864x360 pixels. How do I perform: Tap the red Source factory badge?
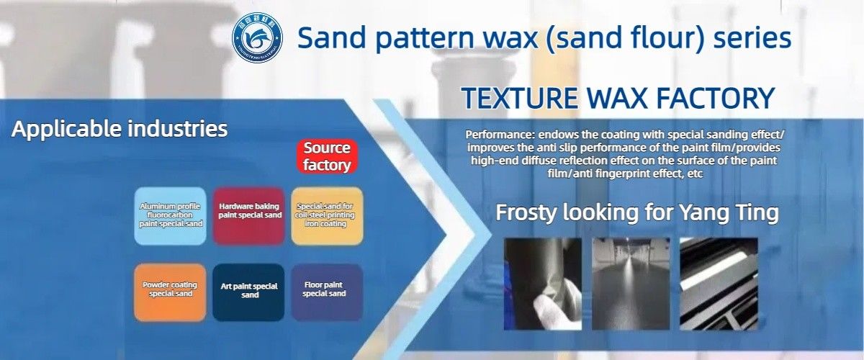click(326, 156)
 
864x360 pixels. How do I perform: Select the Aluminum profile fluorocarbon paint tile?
click(171, 215)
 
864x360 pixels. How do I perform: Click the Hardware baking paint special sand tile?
click(249, 215)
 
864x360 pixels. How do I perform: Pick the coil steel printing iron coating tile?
click(327, 215)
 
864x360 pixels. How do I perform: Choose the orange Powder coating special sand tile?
click(171, 292)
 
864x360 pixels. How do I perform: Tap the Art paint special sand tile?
click(249, 292)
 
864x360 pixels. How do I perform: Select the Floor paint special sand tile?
click(327, 292)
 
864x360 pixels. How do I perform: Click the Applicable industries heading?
click(120, 130)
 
